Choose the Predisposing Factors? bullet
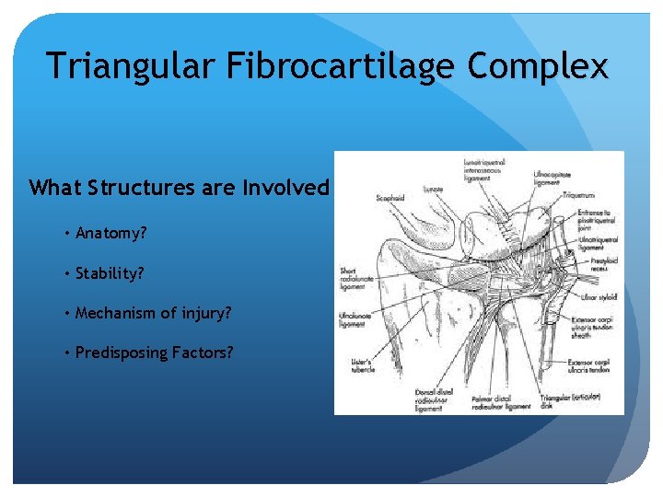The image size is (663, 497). tap(155, 353)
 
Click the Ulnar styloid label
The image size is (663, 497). tap(599, 297)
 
